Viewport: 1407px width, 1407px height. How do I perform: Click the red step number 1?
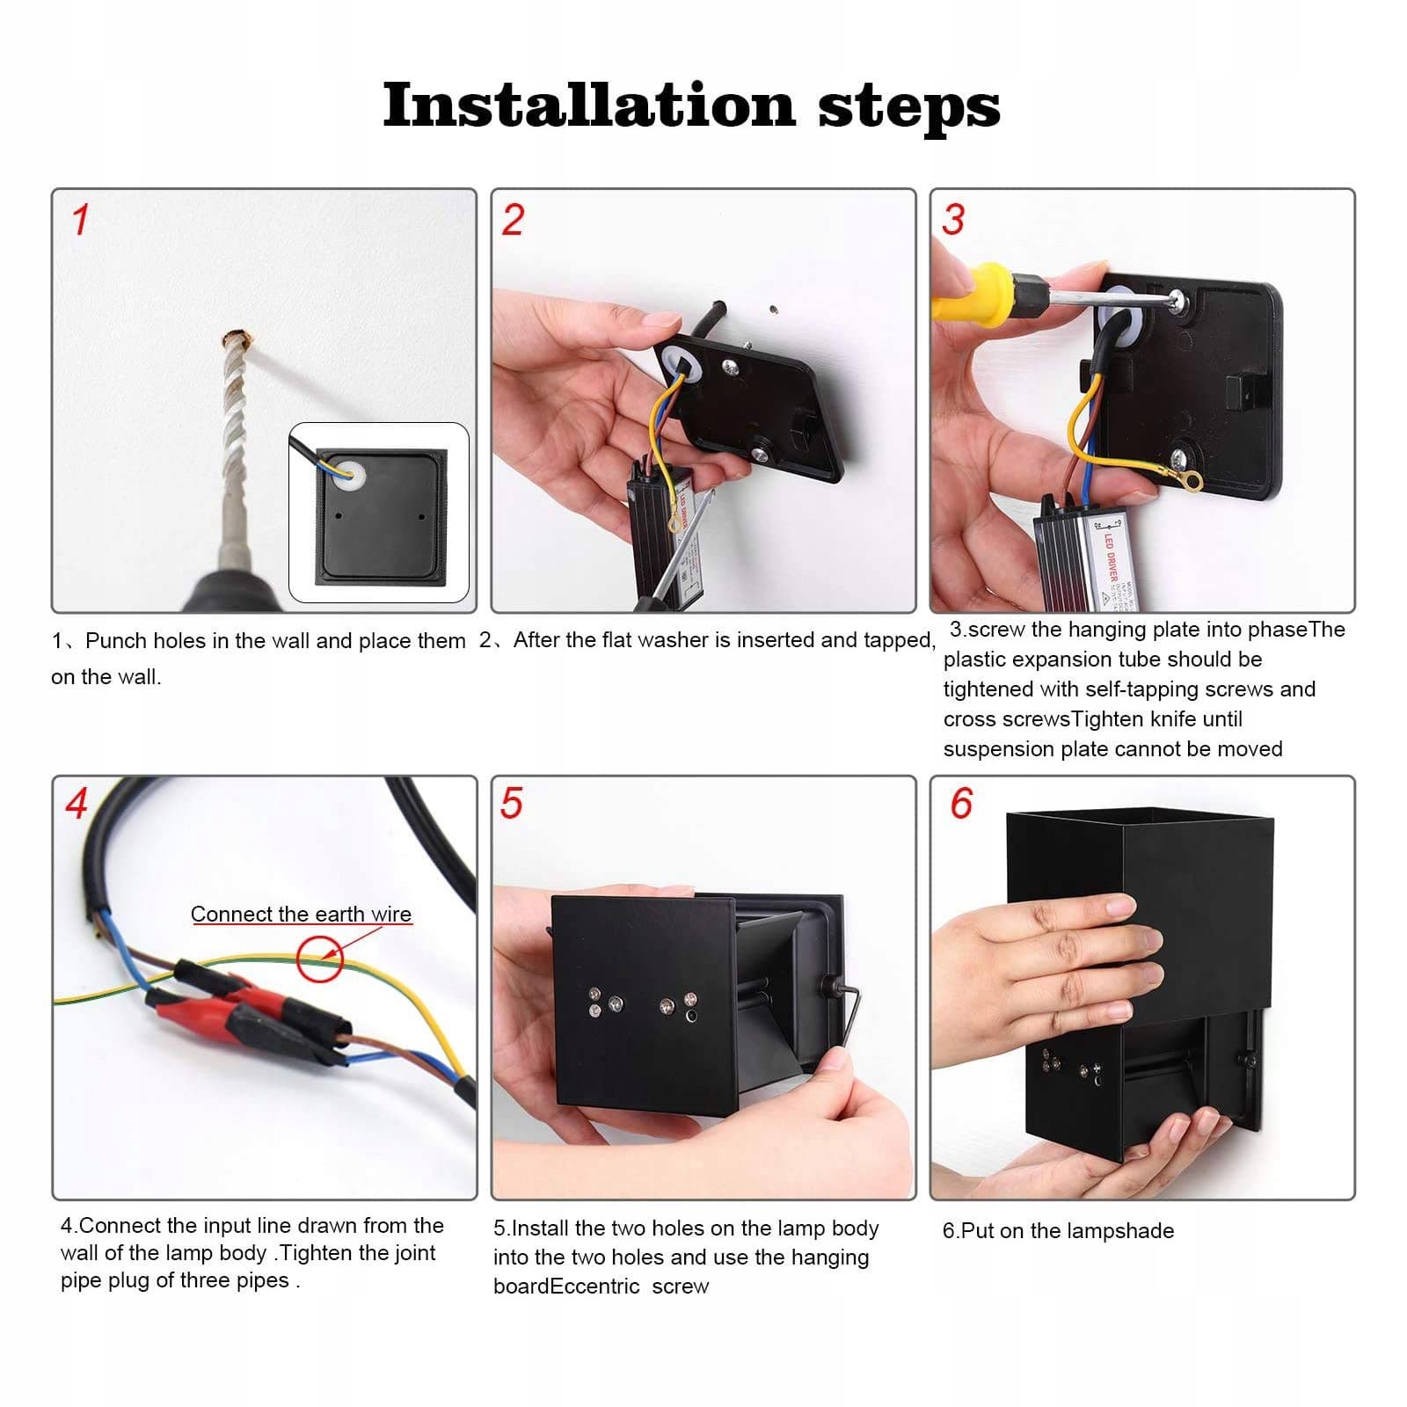[80, 219]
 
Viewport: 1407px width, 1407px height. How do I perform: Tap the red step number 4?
[77, 804]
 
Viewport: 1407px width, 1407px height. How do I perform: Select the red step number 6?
[961, 804]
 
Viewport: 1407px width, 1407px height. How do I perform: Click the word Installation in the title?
[588, 106]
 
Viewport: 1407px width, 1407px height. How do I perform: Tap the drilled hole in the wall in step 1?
[234, 339]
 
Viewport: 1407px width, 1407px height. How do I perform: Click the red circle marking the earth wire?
[318, 959]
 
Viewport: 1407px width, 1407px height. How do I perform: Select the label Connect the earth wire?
[301, 915]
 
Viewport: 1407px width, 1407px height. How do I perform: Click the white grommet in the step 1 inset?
[351, 473]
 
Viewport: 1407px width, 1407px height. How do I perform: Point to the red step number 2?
[513, 219]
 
